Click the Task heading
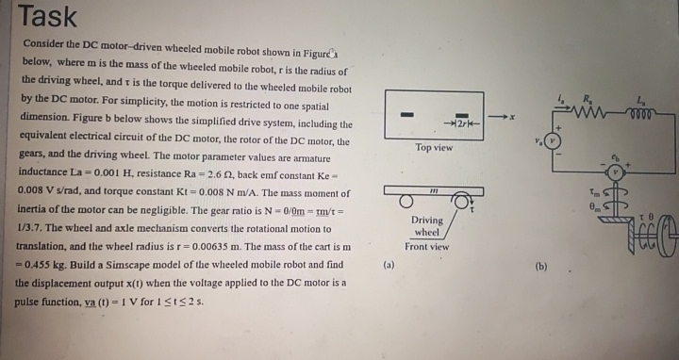coord(48,16)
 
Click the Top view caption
coord(434,147)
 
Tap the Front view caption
coord(427,247)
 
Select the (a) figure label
coord(389,266)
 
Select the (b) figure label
coord(540,267)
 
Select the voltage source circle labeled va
coord(555,141)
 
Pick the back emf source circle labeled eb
coord(615,172)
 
